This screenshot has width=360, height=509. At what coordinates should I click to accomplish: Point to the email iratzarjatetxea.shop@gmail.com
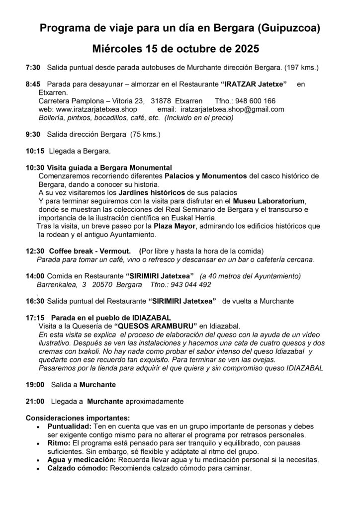232,109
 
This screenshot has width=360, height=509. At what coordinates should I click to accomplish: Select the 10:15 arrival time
34,151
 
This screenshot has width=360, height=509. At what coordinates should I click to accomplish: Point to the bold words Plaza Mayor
172,227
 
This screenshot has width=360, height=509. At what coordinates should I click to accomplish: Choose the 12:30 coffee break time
34,252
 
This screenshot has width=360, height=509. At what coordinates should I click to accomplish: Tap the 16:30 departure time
34,301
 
